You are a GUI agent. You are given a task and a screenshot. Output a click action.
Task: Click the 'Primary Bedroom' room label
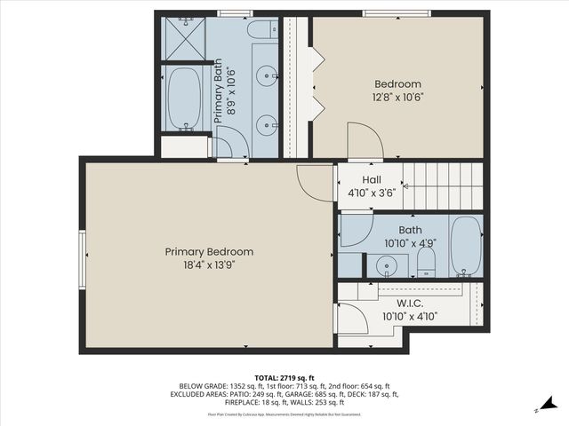[x=209, y=251]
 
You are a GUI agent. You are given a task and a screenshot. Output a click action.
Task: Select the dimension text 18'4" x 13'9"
[x=209, y=264]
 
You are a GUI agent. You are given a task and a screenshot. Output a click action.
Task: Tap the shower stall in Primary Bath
[x=185, y=37]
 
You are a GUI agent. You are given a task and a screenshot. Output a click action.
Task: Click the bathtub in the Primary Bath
[x=185, y=99]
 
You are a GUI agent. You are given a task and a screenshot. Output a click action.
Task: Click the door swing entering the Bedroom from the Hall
[x=365, y=142]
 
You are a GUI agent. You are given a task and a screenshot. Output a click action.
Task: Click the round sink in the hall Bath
[x=387, y=265]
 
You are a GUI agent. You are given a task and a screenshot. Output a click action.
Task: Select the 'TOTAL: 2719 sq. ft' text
[x=284, y=376]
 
